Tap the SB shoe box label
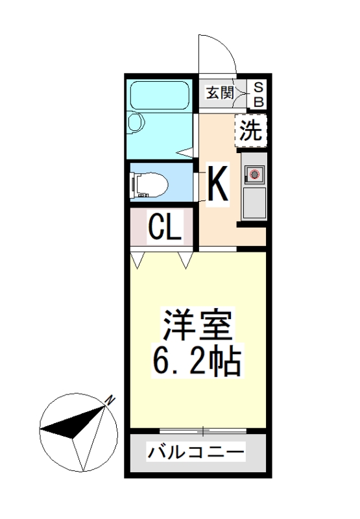(x=258, y=93)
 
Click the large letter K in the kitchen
(x=217, y=184)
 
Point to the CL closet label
(x=164, y=228)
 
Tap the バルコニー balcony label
(x=196, y=452)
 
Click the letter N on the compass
(x=111, y=401)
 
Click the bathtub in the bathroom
(x=160, y=95)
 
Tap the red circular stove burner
(x=254, y=174)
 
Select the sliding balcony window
(x=203, y=431)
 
